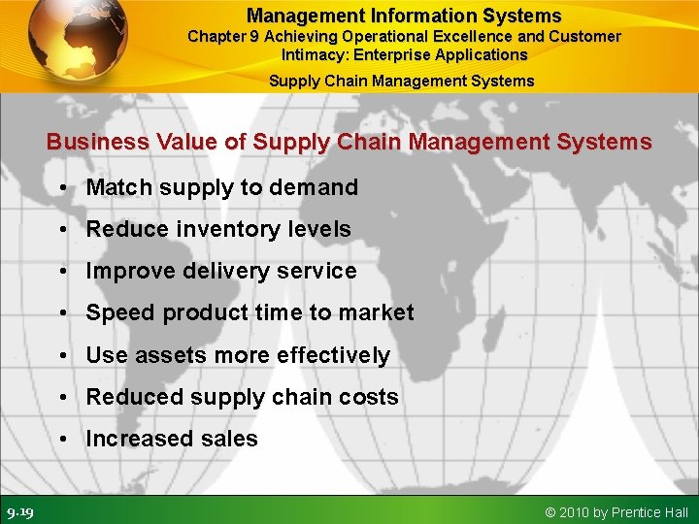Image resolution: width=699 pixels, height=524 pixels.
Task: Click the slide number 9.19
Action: point(20,511)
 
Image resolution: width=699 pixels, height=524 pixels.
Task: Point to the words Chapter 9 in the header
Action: point(223,37)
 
